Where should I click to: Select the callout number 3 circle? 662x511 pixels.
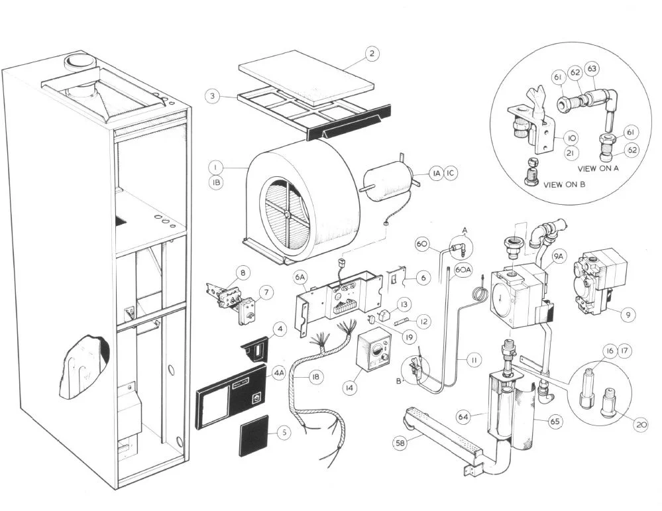[212, 96]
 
